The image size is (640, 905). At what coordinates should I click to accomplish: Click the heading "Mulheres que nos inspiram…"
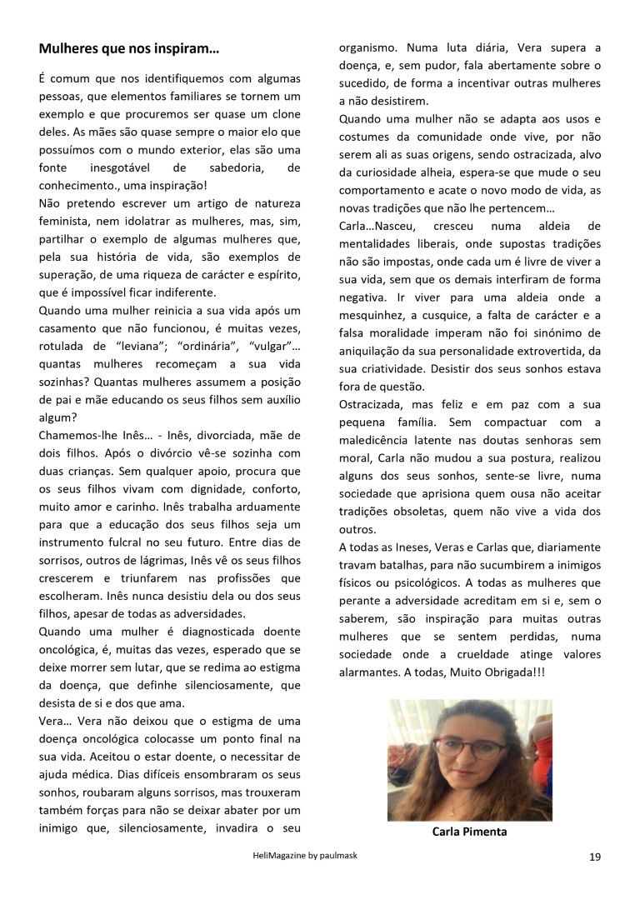[x=129, y=49]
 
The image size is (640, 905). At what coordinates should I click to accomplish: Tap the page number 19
[x=595, y=857]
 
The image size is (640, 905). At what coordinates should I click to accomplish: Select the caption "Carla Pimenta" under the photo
[x=469, y=832]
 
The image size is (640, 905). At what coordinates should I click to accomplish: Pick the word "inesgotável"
[x=123, y=169]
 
